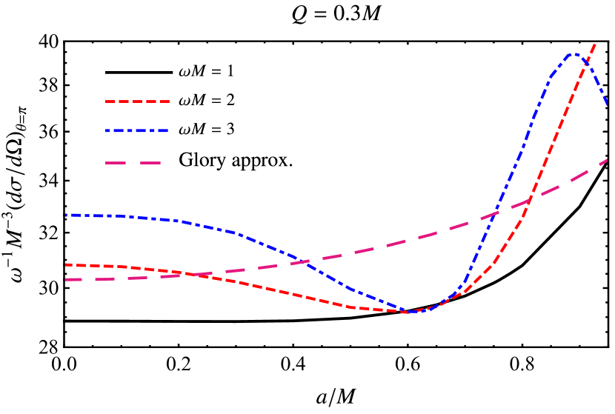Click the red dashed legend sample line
click(137, 101)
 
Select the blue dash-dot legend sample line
click(137, 131)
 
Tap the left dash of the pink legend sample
click(116, 162)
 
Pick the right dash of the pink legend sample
click(150, 162)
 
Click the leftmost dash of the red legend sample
click(109, 101)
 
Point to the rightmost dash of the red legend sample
click(165, 101)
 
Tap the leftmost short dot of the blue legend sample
click(107, 131)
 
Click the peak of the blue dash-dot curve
click(572, 53)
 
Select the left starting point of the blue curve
click(66, 216)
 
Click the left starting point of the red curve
click(66, 264)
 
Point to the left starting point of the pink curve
click(66, 280)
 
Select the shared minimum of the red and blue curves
click(410, 312)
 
